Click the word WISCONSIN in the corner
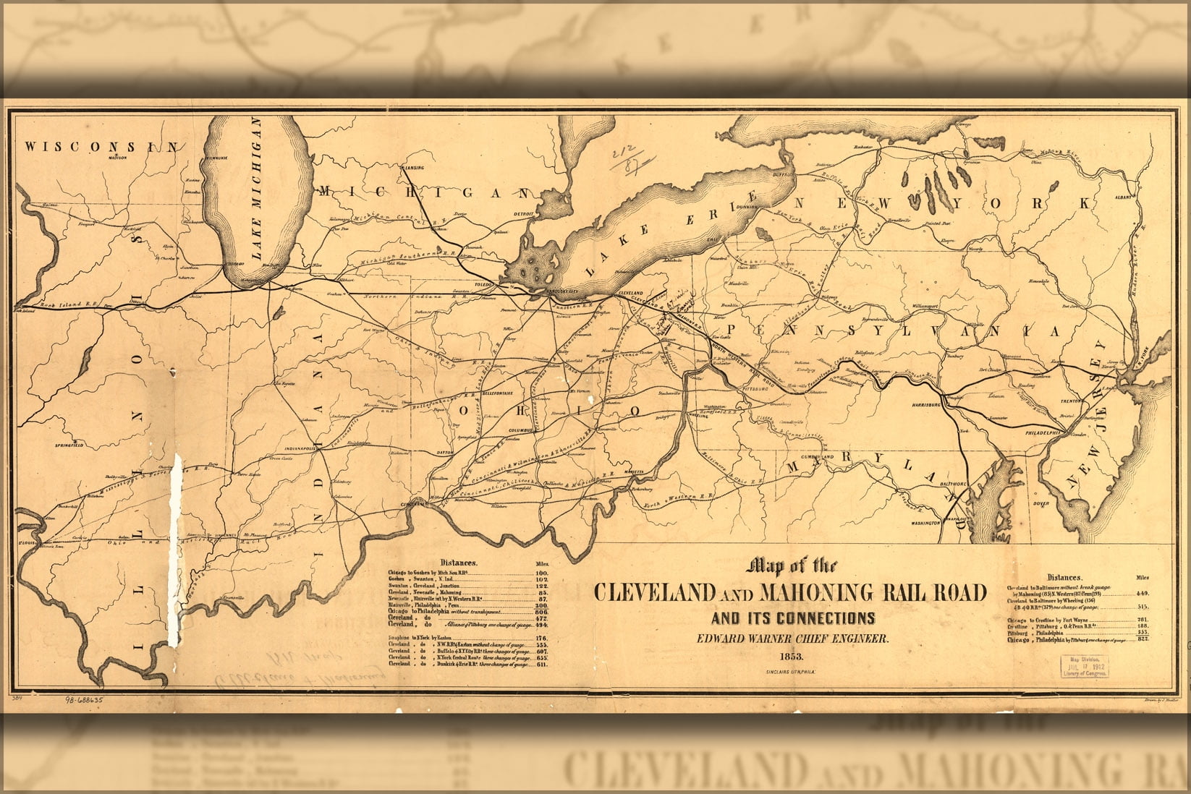pos(101,147)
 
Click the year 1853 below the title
pos(790,657)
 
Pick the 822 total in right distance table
pos(1143,640)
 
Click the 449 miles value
pos(1143,593)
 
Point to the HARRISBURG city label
pos(925,405)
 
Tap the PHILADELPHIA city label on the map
pos(1041,432)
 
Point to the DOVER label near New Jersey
pos(1040,504)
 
